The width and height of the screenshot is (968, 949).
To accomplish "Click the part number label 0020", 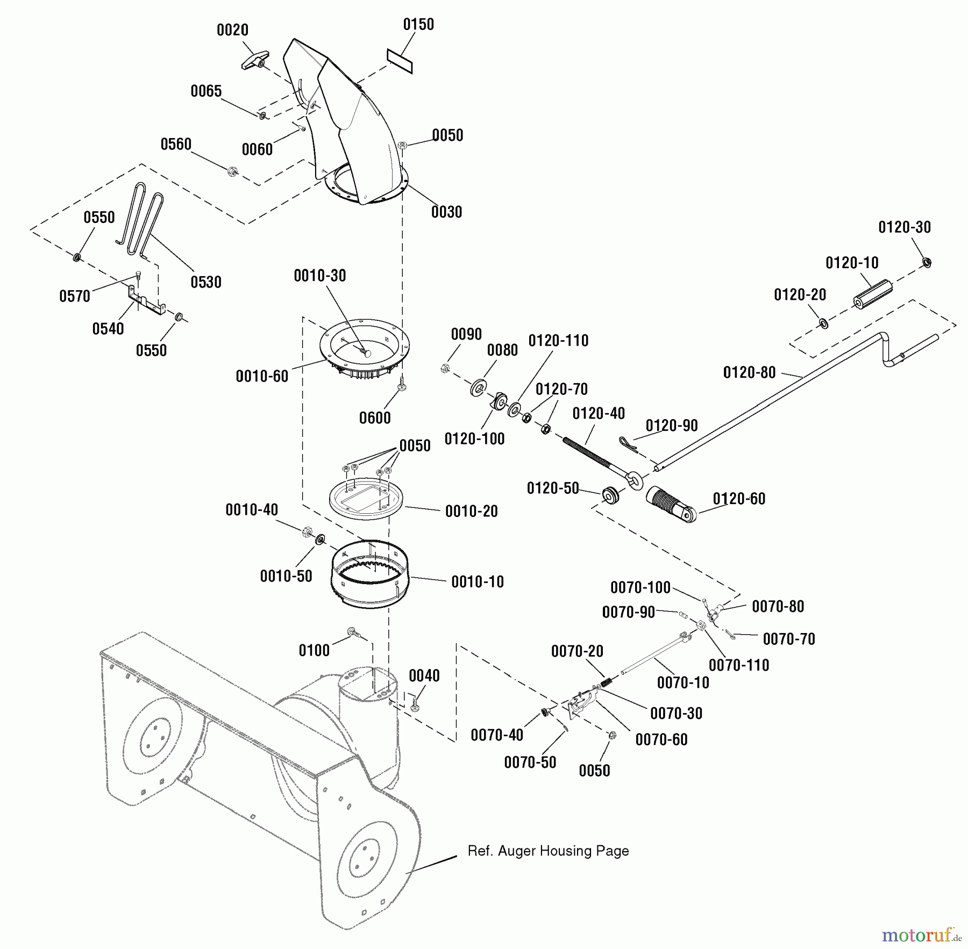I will point(232,30).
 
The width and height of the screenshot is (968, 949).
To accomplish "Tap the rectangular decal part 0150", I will point(400,61).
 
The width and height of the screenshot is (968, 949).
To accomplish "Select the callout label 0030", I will point(446,212).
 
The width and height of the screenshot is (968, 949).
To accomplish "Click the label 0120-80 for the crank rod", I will point(749,372).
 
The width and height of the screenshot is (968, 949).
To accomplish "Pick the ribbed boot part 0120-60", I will point(670,504).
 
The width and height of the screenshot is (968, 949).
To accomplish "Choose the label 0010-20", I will point(471,511).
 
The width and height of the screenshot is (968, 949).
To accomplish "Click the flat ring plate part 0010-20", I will point(366,498).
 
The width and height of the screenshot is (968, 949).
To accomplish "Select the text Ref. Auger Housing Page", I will point(548,851).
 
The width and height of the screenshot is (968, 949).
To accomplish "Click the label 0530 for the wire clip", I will point(206,282).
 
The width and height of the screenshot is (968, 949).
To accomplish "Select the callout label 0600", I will point(375,418).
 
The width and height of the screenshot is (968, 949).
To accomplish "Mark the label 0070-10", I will point(683,682).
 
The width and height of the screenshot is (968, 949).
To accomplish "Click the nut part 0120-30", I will point(927,262).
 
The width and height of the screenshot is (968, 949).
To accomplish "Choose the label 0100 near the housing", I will point(314,650).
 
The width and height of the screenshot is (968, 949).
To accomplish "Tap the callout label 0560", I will point(176,144).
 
